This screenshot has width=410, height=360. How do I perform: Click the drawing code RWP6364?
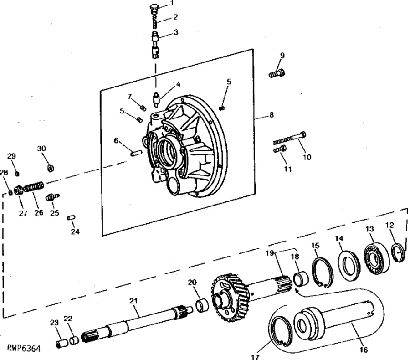click(24, 349)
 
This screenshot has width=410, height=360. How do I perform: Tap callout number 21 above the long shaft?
click(133, 301)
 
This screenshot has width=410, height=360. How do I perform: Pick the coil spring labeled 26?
click(35, 188)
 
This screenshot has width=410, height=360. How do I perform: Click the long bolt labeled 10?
click(290, 139)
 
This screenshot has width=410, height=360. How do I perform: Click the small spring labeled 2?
click(154, 22)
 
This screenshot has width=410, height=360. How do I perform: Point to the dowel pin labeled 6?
click(136, 152)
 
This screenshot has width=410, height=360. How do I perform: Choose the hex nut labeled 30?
click(50, 168)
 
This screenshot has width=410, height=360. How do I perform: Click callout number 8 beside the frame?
click(272, 114)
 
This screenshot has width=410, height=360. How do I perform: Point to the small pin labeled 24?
click(71, 217)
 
